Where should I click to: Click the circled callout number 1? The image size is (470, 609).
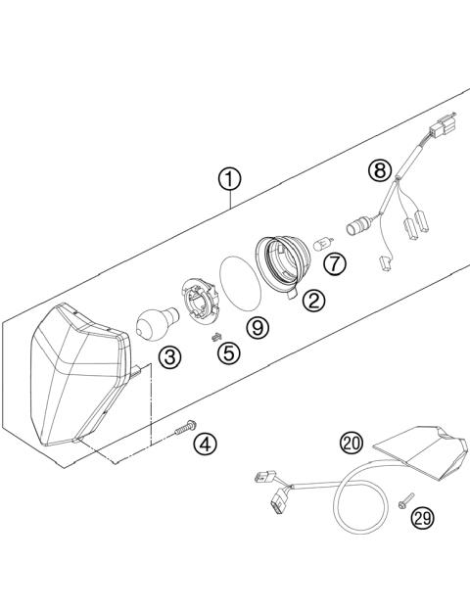click(x=228, y=179)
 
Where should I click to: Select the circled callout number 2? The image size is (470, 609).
click(x=313, y=301)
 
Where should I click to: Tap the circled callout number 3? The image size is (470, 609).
click(x=170, y=357)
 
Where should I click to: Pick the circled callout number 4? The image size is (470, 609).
click(x=205, y=444)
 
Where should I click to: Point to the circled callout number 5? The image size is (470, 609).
click(x=228, y=352)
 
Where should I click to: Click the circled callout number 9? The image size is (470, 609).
click(x=258, y=327)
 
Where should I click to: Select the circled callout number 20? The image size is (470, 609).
click(x=351, y=444)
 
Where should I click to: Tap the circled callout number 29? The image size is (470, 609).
click(x=422, y=517)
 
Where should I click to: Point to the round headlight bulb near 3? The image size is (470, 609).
click(x=154, y=321)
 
